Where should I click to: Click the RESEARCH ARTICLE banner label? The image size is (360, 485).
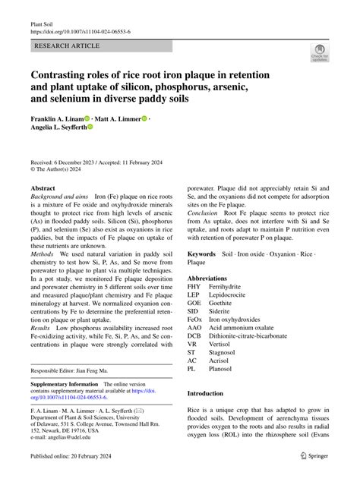[67, 46]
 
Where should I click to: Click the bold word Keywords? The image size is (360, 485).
[202, 254]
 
